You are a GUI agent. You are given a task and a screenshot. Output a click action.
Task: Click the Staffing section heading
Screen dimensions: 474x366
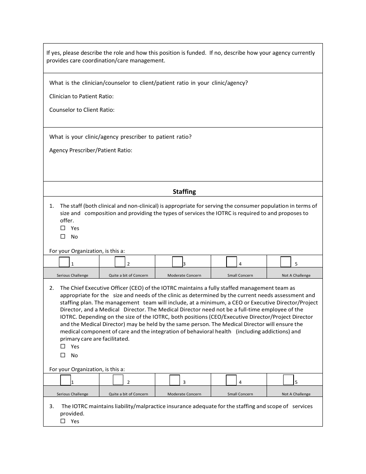pos(184,192)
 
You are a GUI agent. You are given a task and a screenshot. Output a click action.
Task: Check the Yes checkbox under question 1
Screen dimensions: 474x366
pos(63,228)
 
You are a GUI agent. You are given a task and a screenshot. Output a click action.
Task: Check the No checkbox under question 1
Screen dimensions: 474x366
pos(63,237)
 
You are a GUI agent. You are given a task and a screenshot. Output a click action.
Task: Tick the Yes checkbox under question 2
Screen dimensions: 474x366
pos(63,346)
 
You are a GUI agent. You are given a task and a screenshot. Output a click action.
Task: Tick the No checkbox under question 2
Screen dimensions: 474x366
pos(63,355)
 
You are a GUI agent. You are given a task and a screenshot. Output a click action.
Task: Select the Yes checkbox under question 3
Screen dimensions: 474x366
pos(63,421)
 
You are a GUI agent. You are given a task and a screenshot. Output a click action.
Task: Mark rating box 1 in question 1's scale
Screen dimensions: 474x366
pos(64,262)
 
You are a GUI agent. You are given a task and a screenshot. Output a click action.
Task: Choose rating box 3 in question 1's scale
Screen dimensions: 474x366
pos(177,262)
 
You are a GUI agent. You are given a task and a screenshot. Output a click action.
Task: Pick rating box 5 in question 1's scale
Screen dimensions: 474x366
pos(285,262)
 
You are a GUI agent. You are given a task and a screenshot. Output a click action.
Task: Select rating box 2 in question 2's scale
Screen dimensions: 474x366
pos(118,380)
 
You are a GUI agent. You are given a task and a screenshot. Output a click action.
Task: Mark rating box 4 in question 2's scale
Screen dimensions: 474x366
pos(231,380)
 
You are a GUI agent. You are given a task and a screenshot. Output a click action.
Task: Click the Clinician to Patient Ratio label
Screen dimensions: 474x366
pos(81,96)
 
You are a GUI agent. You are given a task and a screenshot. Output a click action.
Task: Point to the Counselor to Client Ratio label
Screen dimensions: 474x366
pos(82,110)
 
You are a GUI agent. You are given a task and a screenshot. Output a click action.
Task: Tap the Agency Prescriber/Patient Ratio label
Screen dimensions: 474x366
pos(91,150)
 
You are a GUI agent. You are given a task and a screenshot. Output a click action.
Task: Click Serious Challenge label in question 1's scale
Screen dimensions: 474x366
pos(72,276)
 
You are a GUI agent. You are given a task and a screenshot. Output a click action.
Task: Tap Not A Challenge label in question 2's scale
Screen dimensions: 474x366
pos(296,394)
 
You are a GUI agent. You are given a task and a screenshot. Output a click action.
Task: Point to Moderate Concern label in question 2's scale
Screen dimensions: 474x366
pos(184,394)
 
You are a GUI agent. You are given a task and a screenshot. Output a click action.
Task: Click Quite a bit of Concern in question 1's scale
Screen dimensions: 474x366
pos(128,276)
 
